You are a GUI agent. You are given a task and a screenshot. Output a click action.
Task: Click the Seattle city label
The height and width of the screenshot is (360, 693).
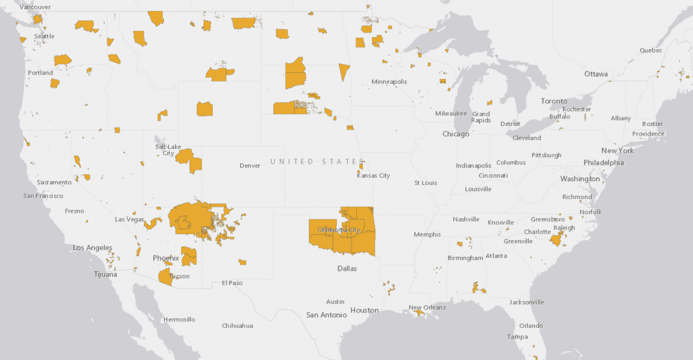tap(44, 36)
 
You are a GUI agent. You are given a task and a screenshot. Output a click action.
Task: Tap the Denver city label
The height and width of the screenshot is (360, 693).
tap(250, 165)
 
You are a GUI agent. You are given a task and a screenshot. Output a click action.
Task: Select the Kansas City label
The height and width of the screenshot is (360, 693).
tap(373, 176)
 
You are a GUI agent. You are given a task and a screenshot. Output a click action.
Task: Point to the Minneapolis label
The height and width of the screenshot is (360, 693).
tap(389, 81)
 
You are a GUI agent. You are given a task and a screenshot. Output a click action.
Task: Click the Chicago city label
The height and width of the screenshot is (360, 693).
tap(456, 134)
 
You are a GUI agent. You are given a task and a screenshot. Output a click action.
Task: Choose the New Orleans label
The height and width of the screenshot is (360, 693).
tap(427, 308)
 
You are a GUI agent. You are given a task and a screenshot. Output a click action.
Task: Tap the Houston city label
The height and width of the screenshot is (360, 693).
tap(365, 310)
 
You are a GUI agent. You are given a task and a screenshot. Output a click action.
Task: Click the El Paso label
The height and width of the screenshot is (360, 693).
tap(232, 283)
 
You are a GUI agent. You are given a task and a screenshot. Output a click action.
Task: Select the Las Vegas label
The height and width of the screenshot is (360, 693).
tap(129, 220)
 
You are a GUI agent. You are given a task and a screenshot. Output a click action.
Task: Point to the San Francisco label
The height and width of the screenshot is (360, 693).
tap(43, 196)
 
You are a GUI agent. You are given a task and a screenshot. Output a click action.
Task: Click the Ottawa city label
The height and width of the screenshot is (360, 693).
tap(596, 74)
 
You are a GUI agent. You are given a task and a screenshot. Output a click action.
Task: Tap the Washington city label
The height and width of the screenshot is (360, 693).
tap(580, 179)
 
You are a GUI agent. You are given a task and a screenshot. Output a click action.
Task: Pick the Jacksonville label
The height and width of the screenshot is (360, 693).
tap(527, 302)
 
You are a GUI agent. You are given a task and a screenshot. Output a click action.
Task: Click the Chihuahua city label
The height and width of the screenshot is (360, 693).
tap(237, 326)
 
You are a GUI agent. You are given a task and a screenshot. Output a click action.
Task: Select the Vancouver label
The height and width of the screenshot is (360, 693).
tap(35, 7)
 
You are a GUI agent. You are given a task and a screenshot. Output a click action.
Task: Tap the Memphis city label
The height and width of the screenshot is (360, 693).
tap(427, 235)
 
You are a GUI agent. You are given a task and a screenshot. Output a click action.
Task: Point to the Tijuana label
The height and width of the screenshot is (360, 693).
tap(105, 275)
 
